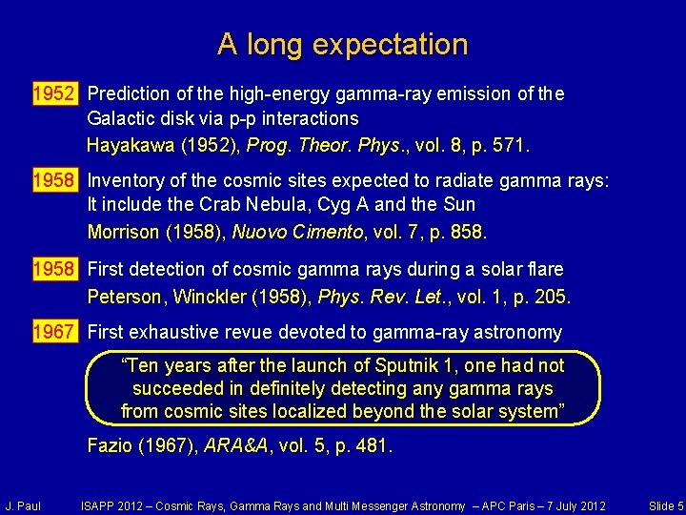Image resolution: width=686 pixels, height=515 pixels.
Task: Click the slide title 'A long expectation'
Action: (x=343, y=44)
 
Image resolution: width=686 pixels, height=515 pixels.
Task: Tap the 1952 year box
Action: (x=54, y=93)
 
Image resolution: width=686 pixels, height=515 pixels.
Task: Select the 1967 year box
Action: (x=54, y=332)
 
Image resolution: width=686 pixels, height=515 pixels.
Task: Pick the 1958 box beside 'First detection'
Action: (x=54, y=269)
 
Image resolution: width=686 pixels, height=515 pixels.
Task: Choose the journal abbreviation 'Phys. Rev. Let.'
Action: (x=375, y=297)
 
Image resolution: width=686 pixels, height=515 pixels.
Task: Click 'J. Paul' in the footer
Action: (x=23, y=505)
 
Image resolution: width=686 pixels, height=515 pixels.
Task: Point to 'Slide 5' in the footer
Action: (x=665, y=505)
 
